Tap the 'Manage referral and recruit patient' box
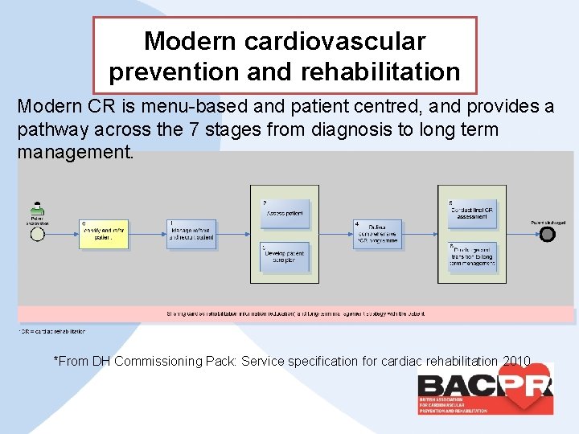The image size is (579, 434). tap(192, 233)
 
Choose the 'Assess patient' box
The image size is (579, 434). tap(285, 213)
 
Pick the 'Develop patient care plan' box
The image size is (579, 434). tap(285, 256)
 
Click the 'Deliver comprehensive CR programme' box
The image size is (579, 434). tap(377, 234)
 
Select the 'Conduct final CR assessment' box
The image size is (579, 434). tap(472, 213)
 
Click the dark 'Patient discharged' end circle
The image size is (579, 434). tap(547, 234)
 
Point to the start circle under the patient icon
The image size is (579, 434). tap(37, 234)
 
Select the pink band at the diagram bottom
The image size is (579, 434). tap(296, 313)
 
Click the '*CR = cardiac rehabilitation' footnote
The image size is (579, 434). tap(51, 331)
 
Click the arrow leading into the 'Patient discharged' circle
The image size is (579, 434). tap(523, 234)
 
